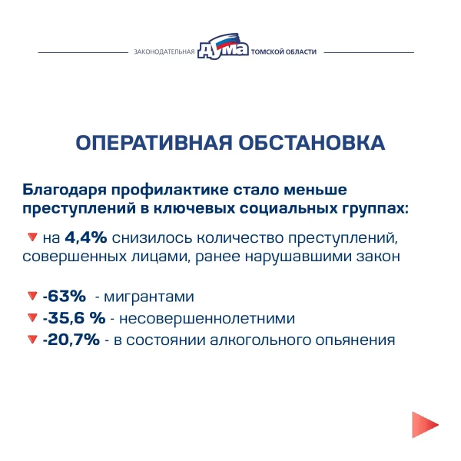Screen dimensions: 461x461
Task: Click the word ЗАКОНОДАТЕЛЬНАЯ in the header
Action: click(x=163, y=53)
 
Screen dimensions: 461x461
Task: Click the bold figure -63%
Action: click(x=64, y=296)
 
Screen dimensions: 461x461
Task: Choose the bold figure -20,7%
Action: click(x=71, y=339)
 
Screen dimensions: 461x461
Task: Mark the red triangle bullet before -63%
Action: click(x=32, y=296)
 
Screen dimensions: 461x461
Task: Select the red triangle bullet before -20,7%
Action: click(x=32, y=339)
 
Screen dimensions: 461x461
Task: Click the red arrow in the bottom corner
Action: click(x=424, y=425)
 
